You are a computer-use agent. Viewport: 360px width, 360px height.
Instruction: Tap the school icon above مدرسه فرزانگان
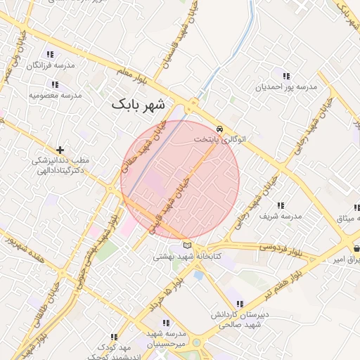click(x=50, y=54)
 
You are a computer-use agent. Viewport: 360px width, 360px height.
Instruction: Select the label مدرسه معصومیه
click(x=56, y=94)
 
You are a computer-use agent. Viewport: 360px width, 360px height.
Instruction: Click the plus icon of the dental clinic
click(x=60, y=150)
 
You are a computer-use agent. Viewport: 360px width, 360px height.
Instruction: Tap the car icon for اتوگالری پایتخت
click(x=221, y=129)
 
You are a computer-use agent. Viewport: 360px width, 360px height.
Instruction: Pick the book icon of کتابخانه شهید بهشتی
click(x=186, y=245)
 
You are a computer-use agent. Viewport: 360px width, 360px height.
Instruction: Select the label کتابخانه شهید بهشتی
click(x=187, y=257)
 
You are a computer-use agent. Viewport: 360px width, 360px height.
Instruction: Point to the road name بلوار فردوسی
click(x=280, y=247)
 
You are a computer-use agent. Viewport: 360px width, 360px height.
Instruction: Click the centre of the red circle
click(x=180, y=180)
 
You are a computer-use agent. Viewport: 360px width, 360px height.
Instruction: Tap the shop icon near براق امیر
click(x=356, y=248)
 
